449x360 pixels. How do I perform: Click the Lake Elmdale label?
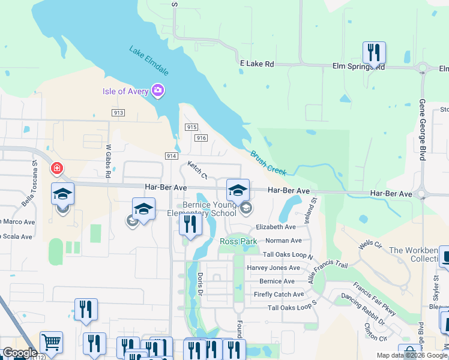[149, 60]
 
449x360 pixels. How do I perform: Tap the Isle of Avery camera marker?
[158, 91]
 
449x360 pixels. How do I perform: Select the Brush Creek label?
[268, 163]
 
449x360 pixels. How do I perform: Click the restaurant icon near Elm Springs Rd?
[374, 53]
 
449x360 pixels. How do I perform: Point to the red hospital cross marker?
[57, 169]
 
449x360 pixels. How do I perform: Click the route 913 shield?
[118, 112]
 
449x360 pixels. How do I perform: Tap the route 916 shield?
[201, 138]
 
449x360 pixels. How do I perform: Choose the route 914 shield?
[172, 156]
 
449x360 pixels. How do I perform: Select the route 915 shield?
[191, 127]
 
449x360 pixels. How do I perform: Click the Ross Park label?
[238, 241]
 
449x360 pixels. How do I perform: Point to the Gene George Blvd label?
[422, 130]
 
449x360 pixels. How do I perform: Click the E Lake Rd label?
[256, 64]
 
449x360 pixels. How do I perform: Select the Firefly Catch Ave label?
[279, 295]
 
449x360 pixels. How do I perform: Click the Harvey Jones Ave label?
[273, 268]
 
